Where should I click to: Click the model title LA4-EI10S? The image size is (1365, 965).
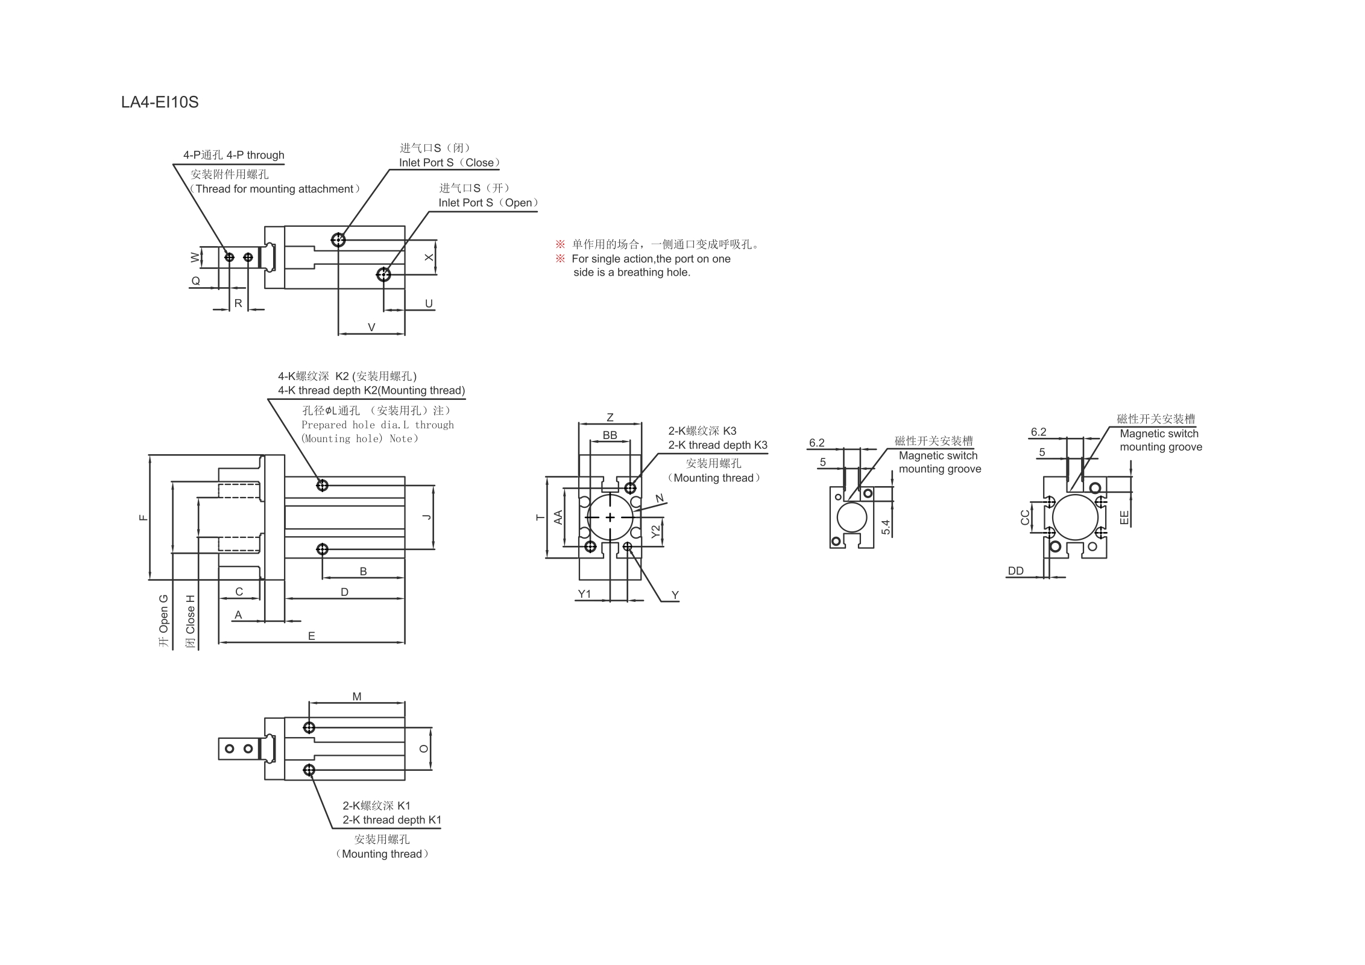pyautogui.click(x=160, y=102)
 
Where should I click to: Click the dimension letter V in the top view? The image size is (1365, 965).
pyautogui.click(x=371, y=327)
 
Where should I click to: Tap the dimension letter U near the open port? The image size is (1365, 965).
pyautogui.click(x=429, y=303)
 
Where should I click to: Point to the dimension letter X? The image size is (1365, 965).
pyautogui.click(x=429, y=258)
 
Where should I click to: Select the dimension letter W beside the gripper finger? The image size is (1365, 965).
pyautogui.click(x=195, y=257)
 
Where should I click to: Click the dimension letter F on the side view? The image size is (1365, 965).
pyautogui.click(x=143, y=517)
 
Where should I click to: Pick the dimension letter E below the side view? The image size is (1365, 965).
pyautogui.click(x=311, y=636)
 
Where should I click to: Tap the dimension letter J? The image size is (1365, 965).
pyautogui.click(x=427, y=517)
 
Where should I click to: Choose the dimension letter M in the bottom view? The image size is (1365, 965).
pyautogui.click(x=357, y=697)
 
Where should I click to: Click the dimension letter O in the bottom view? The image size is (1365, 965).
pyautogui.click(x=424, y=748)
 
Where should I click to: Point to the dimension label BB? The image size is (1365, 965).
pyautogui.click(x=610, y=435)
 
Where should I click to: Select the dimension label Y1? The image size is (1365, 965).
pyautogui.click(x=584, y=594)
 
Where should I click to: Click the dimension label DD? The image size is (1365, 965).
pyautogui.click(x=1016, y=571)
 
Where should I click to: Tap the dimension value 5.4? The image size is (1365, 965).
pyautogui.click(x=886, y=528)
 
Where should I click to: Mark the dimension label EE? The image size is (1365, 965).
pyautogui.click(x=1124, y=517)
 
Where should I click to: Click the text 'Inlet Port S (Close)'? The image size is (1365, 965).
pyautogui.click(x=449, y=163)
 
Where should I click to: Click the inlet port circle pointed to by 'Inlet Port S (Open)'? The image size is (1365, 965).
pyautogui.click(x=383, y=275)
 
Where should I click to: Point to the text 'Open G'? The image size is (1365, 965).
pyautogui.click(x=164, y=613)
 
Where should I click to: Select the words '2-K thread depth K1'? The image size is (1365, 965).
pyautogui.click(x=392, y=820)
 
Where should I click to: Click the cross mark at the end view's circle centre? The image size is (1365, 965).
pyautogui.click(x=610, y=517)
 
